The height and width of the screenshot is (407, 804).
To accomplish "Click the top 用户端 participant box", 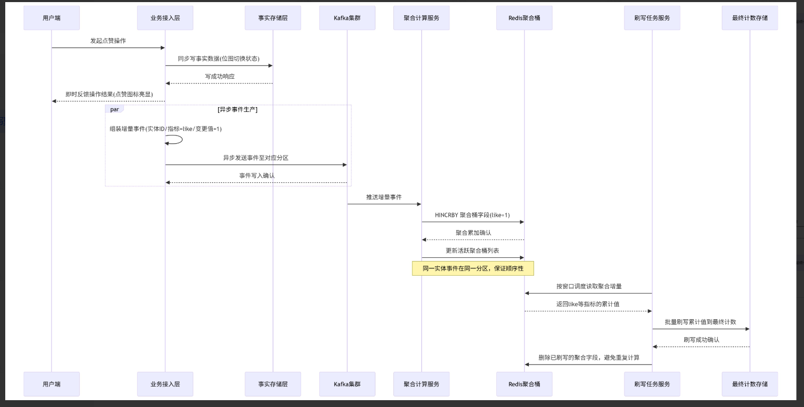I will tap(51, 18).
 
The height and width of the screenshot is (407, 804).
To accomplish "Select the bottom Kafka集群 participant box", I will tap(347, 384).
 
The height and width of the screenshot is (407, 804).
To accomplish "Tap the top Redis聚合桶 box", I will tap(524, 18).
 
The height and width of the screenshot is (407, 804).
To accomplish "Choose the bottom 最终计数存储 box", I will tap(749, 384).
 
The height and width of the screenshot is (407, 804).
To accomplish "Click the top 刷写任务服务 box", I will tap(652, 18).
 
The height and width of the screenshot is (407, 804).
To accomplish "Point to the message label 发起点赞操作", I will tap(108, 41).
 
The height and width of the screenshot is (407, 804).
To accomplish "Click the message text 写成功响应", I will tap(220, 76).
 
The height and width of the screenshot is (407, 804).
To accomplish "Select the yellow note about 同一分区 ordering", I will tap(473, 268).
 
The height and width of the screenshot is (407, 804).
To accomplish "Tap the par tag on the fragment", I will tap(114, 109).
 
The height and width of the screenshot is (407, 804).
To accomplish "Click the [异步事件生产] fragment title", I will tap(237, 110).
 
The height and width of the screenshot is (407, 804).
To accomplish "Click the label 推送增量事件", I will tap(384, 197).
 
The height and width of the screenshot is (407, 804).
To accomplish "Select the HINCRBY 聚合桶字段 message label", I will tap(472, 215).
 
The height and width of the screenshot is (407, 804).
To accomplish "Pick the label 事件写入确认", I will tap(257, 175).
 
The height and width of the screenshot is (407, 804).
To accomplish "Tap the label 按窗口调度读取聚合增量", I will tap(589, 286).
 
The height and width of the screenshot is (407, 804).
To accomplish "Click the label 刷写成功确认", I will tap(702, 340).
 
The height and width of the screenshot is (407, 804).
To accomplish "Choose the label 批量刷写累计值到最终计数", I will tap(700, 322).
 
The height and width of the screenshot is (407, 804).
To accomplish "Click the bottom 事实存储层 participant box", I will tap(273, 384).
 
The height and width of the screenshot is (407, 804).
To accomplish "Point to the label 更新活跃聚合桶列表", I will tap(472, 251).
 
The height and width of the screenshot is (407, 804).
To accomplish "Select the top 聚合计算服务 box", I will tap(421, 18).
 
